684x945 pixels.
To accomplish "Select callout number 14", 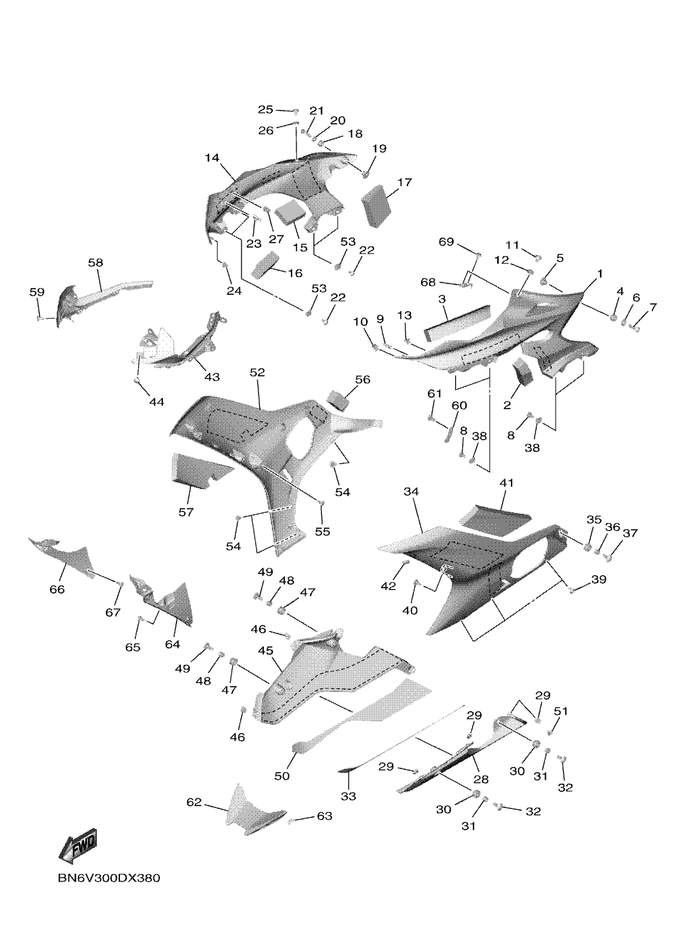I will pyautogui.click(x=212, y=158).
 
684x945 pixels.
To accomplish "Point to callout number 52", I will pyautogui.click(x=257, y=372).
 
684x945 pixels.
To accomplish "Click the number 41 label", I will pyautogui.click(x=506, y=483).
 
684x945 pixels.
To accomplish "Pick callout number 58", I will pyautogui.click(x=95, y=263).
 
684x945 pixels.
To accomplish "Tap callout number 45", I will pyautogui.click(x=266, y=650).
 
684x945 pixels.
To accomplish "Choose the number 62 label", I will pyautogui.click(x=194, y=802).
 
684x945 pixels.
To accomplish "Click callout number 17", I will pyautogui.click(x=404, y=182).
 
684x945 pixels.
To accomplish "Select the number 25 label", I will pyautogui.click(x=265, y=110).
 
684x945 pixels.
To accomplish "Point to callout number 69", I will pyautogui.click(x=446, y=242).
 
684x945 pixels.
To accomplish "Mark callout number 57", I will pyautogui.click(x=186, y=512).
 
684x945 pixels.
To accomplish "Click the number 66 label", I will pyautogui.click(x=57, y=589).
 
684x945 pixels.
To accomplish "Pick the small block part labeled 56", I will pyautogui.click(x=340, y=400).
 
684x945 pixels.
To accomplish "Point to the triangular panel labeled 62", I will pyautogui.click(x=250, y=811).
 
